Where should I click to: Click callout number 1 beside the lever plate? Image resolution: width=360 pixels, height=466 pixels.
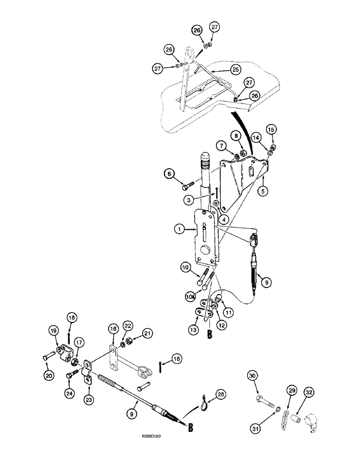pos(179,229)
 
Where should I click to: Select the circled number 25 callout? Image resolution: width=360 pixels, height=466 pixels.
pos(235,69)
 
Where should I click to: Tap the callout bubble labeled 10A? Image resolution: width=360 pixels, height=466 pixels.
pos(190,296)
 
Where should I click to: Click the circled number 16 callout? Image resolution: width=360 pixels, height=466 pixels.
pos(113,329)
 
